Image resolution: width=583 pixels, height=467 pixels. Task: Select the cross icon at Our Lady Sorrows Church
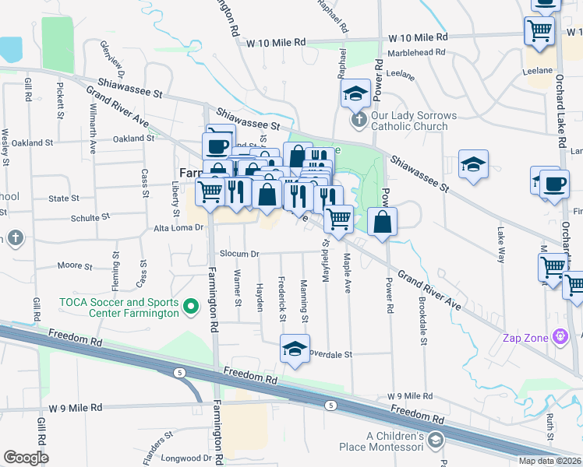click(358, 119)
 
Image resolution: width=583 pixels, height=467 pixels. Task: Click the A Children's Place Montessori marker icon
click(435, 441)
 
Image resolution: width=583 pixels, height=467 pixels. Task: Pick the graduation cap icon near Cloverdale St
click(295, 349)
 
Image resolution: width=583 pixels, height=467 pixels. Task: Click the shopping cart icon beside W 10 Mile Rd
click(539, 31)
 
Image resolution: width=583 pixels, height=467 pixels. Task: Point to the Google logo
click(26, 458)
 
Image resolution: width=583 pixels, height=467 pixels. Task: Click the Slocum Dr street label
click(239, 254)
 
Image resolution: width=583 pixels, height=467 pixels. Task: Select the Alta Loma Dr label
click(178, 228)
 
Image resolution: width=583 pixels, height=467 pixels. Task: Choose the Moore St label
click(76, 265)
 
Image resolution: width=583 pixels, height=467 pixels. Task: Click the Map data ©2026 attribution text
click(549, 461)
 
